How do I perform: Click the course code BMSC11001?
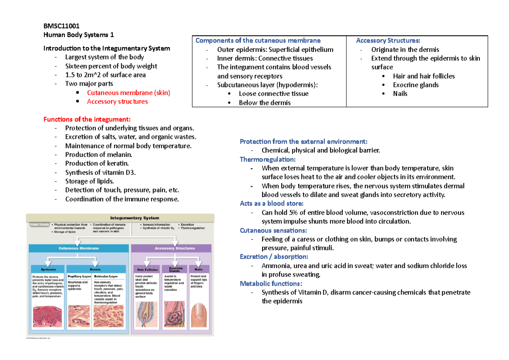coord(61,26)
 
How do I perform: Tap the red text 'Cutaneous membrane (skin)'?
coord(129,93)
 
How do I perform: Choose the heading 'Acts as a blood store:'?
coord(271,203)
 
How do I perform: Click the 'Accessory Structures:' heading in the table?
coord(388,41)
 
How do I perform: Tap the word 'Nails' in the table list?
coord(400,94)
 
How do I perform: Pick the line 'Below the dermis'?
coord(265,103)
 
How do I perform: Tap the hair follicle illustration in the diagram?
coord(145,315)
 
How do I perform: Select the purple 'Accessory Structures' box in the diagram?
coord(174,248)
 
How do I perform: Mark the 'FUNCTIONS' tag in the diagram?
coord(39,225)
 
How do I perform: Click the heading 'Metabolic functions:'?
coord(265,283)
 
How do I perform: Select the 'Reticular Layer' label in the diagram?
coord(106,276)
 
